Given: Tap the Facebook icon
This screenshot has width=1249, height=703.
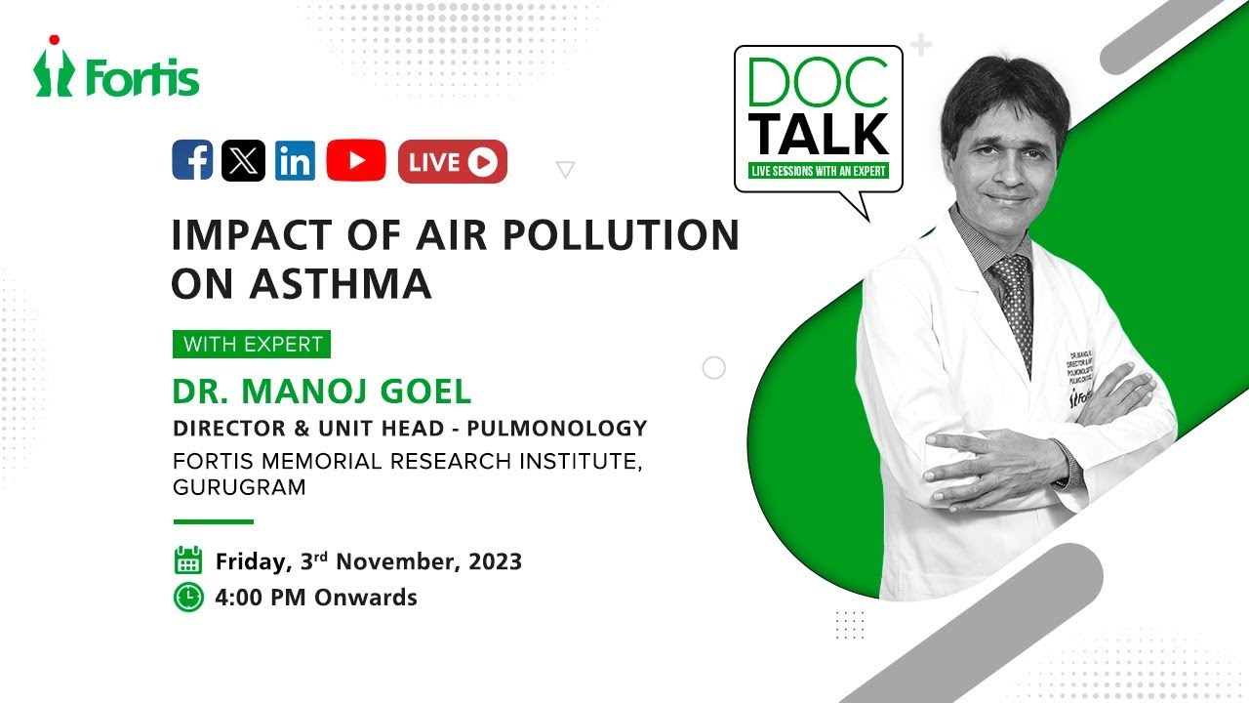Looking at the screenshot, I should pos(192,161).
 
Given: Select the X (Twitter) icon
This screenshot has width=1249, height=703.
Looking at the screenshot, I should pos(243,161).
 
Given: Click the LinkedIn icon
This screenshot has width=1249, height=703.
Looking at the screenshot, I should pos(295,161).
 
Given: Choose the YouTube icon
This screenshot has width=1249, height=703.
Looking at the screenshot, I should pos(355,161).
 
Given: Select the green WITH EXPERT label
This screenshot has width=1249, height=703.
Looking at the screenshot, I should pos(252,345).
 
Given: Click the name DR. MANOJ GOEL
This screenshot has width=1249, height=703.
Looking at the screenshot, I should pos(322,392).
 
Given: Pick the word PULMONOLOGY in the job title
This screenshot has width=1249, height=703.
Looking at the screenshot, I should pos(572,428).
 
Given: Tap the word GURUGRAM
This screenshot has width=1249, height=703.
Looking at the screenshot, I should pos(239,487).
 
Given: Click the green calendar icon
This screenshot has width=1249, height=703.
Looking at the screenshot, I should pos(187,560).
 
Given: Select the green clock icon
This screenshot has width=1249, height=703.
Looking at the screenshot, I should pos(187,597).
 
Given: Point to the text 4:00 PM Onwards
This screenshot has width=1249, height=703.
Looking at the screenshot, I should pos(316,598).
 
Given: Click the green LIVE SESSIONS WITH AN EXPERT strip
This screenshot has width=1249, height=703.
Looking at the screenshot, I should pos(819,171).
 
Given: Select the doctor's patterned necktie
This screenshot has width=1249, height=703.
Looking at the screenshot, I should pos(1012,303).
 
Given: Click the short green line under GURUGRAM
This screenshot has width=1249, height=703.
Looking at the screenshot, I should pos(213,521).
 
